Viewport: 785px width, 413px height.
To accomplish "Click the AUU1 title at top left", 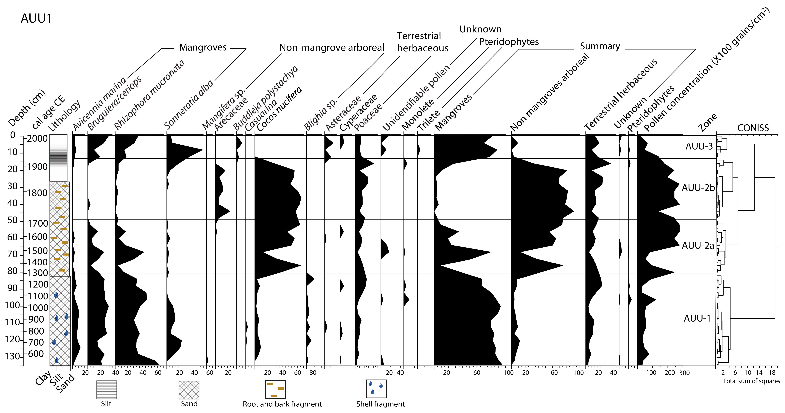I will pyautogui.click(x=36, y=19).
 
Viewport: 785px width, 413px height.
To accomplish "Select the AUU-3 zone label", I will pyautogui.click(x=699, y=146).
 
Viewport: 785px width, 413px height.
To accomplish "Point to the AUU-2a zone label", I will pyautogui.click(x=698, y=245).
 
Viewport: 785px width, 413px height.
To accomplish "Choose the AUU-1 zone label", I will pyautogui.click(x=697, y=318).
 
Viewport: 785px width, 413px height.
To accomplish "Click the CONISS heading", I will pyautogui.click(x=753, y=128).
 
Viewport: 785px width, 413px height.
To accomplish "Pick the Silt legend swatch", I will pyautogui.click(x=107, y=389).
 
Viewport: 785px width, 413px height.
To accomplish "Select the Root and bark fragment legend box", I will pyautogui.click(x=275, y=389).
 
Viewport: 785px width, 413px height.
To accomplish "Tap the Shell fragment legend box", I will pyautogui.click(x=376, y=389).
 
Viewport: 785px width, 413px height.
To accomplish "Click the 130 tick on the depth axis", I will pyautogui.click(x=12, y=356).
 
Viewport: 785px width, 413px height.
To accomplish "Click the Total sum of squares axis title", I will pyautogui.click(x=751, y=381).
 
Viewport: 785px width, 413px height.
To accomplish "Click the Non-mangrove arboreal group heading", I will pyautogui.click(x=332, y=47).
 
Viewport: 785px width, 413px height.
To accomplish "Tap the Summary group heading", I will pyautogui.click(x=600, y=46).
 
